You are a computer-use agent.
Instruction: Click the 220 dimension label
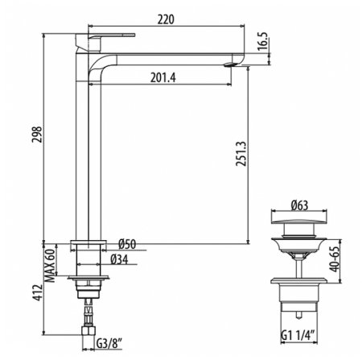[166, 19]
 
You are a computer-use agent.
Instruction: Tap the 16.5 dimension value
[263, 41]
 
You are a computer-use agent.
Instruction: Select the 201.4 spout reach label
[163, 78]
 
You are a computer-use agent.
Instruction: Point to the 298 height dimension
[37, 134]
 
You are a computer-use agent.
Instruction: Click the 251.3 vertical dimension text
[241, 154]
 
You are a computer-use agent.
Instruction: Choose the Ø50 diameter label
[127, 244]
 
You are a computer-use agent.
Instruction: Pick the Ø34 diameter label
[120, 259]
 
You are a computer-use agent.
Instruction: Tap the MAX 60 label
[50, 265]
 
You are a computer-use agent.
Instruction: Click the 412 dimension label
[38, 292]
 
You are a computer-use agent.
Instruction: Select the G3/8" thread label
[109, 344]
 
